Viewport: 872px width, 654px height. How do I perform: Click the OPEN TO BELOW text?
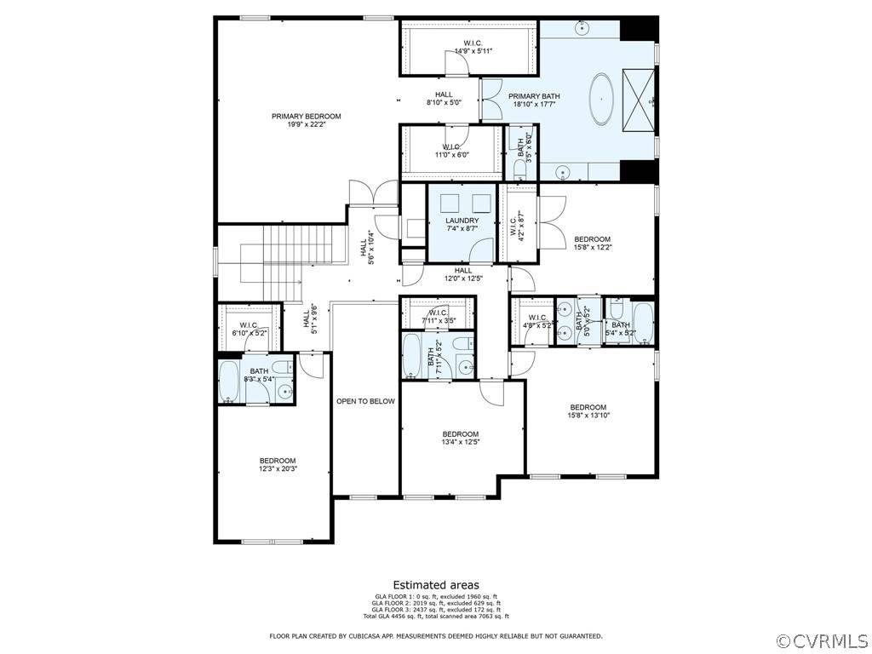tap(365, 401)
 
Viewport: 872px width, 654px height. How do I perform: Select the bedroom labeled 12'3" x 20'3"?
tap(278, 464)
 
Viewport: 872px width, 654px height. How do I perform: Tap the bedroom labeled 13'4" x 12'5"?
tap(460, 438)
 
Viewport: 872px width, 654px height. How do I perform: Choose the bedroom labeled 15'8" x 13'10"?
tap(588, 411)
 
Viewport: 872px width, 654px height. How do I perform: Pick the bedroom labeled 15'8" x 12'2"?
tap(593, 243)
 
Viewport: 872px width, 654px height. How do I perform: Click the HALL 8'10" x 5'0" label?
tap(444, 99)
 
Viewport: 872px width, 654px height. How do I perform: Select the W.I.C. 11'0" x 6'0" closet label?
tap(450, 151)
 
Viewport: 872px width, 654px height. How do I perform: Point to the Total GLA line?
tap(435, 616)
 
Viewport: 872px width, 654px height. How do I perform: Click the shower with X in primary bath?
tap(639, 100)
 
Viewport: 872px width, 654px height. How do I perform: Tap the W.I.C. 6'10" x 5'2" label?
tap(249, 329)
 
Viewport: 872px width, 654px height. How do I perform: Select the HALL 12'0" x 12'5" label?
tap(462, 274)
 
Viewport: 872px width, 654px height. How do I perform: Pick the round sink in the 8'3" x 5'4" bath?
tap(284, 393)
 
